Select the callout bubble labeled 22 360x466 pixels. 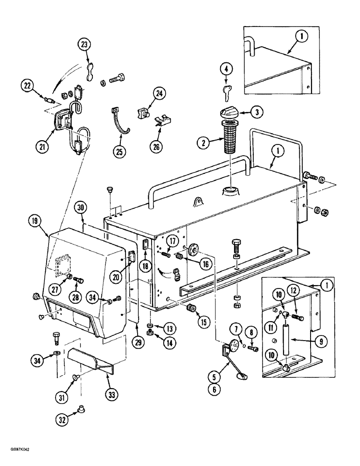tap(28, 86)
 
